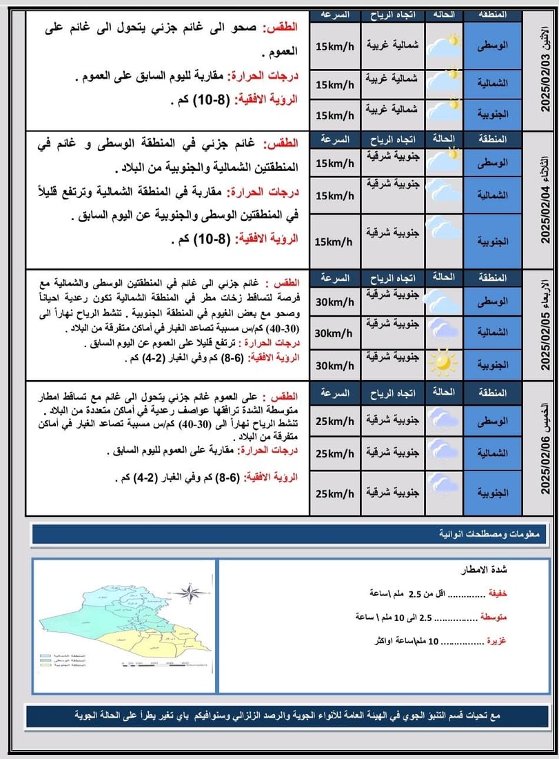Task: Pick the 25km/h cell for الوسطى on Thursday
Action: [334, 421]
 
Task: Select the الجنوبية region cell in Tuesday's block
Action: [491, 241]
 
